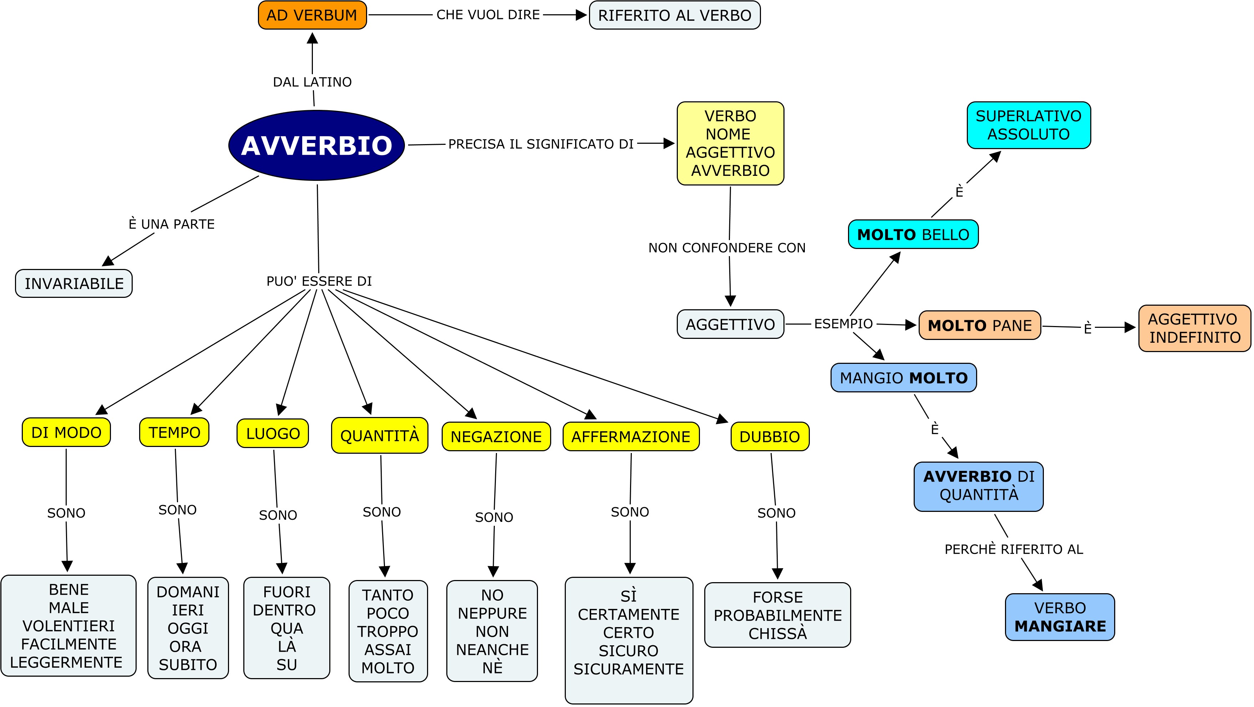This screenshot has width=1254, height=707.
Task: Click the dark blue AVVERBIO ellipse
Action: click(316, 145)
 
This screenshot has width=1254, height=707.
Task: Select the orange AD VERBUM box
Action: click(312, 15)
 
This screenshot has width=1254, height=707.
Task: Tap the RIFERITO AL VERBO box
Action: click(674, 15)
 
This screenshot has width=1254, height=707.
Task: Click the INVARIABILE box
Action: click(74, 283)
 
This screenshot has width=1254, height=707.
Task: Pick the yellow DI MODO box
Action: click(66, 432)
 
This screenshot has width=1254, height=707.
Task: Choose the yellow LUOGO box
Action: click(273, 433)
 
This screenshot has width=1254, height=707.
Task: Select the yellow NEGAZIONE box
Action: click(496, 437)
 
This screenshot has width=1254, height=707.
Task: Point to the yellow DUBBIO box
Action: click(769, 437)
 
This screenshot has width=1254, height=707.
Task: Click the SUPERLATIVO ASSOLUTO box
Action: click(1028, 125)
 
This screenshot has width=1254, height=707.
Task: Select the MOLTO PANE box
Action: click(979, 325)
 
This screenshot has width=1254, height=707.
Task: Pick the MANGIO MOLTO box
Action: click(904, 378)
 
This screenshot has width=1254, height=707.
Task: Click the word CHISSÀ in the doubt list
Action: click(777, 634)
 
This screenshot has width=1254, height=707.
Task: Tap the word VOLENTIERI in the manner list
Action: click(68, 626)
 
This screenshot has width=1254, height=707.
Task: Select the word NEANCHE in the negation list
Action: click(492, 650)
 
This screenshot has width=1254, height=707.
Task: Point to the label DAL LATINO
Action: click(312, 82)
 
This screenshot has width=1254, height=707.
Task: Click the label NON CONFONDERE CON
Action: click(727, 248)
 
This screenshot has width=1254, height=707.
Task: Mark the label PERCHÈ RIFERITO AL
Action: click(1014, 549)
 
